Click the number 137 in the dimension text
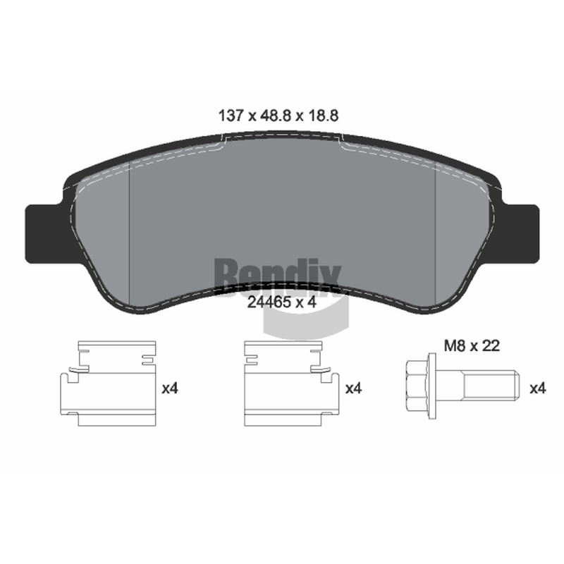[231, 116]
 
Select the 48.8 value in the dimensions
[276, 116]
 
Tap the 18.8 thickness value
[322, 116]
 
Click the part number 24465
[269, 302]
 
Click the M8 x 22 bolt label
[472, 346]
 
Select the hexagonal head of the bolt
[417, 386]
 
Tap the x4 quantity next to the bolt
[538, 388]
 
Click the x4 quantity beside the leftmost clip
[170, 388]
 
